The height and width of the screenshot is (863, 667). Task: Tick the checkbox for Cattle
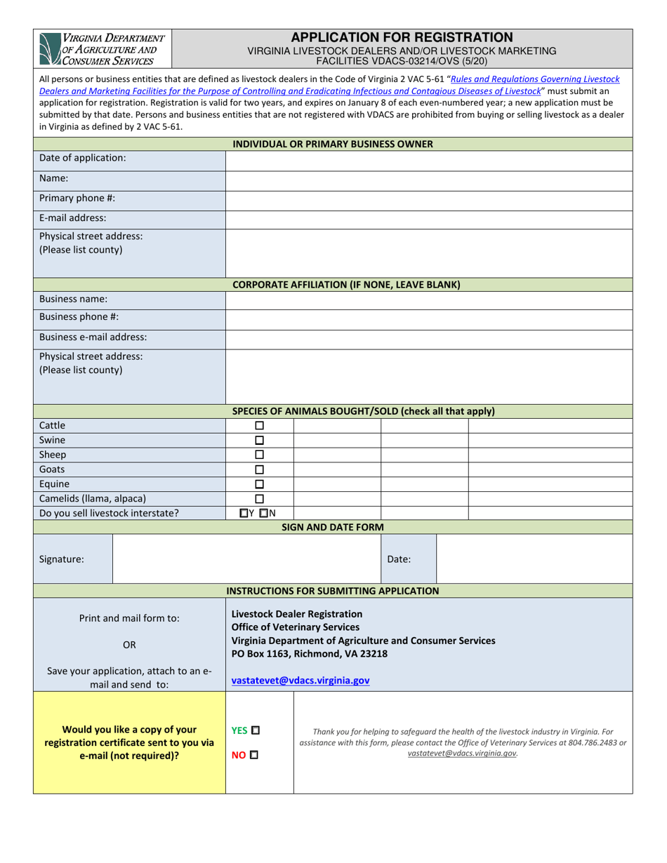point(259,425)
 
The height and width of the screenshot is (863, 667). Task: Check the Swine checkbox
point(259,440)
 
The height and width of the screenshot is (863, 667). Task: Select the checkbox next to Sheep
point(259,455)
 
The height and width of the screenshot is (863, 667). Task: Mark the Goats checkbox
point(259,469)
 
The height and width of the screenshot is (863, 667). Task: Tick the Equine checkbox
point(259,484)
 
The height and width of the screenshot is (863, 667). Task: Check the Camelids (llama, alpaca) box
point(259,499)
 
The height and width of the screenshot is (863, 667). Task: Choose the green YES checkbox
point(255,730)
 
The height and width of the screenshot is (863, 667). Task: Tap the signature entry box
point(246,560)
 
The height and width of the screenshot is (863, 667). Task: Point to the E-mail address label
point(73,218)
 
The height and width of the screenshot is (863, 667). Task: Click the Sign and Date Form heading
point(332,527)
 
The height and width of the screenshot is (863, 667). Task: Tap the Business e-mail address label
point(93,337)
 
